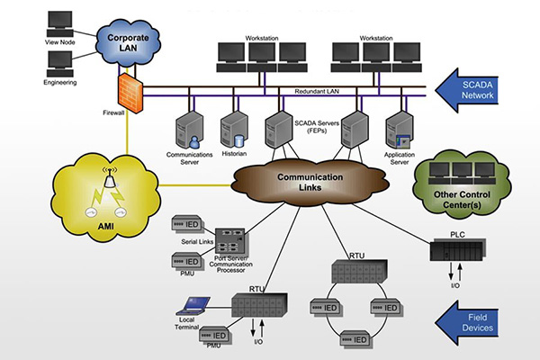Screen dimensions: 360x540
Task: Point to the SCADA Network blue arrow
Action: tap(481, 89)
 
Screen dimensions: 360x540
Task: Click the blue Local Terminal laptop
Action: tap(193, 303)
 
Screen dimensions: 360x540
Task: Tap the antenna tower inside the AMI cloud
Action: tap(112, 184)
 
